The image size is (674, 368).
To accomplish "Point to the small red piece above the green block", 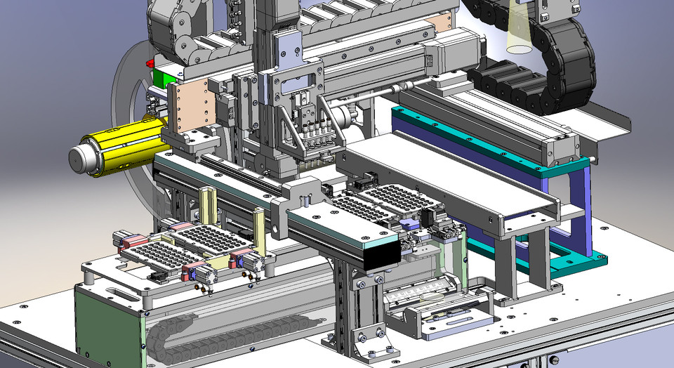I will pyautogui.click(x=150, y=64).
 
